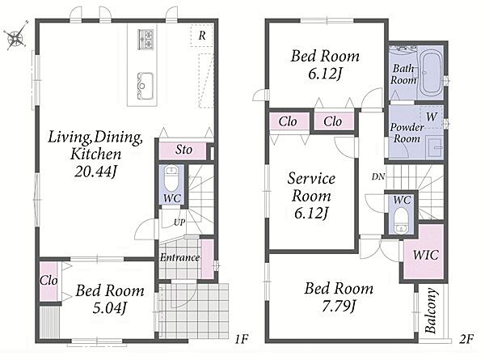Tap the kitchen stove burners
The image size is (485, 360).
145,39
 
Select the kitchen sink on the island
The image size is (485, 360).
145,86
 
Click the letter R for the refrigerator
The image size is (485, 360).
202,36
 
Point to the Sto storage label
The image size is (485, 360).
183,150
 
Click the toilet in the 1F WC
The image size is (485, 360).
171,178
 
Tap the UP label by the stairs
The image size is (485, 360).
179,222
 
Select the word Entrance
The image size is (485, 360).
179,257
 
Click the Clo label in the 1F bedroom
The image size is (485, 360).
48,281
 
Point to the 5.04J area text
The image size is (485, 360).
110,307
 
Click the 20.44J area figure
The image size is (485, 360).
96,172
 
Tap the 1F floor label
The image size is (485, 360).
241,339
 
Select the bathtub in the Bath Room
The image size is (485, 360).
431,73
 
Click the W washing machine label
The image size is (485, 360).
432,116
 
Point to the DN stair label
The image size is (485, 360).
378,176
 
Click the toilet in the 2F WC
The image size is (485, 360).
402,221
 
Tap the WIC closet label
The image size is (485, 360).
426,255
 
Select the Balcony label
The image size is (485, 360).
431,311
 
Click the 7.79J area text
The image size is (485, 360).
339,306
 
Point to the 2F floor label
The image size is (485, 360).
466,339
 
